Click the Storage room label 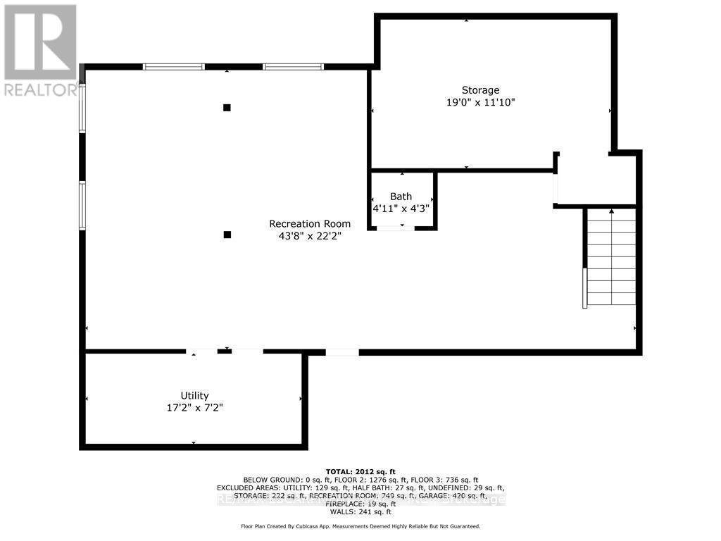point(480,89)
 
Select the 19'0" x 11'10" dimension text point(480,102)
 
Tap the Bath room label point(401,197)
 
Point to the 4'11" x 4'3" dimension point(401,209)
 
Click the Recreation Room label point(310,224)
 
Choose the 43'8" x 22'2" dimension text point(310,236)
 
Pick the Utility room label point(194,396)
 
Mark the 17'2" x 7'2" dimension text point(194,408)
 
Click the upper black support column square point(227,108)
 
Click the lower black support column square point(227,235)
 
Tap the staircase point(611,257)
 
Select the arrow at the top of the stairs point(611,211)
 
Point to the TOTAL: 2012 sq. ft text point(360,471)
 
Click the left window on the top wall point(173,67)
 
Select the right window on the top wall point(294,67)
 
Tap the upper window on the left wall point(82,108)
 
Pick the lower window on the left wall point(82,205)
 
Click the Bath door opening point(396,228)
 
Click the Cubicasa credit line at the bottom point(360,526)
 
